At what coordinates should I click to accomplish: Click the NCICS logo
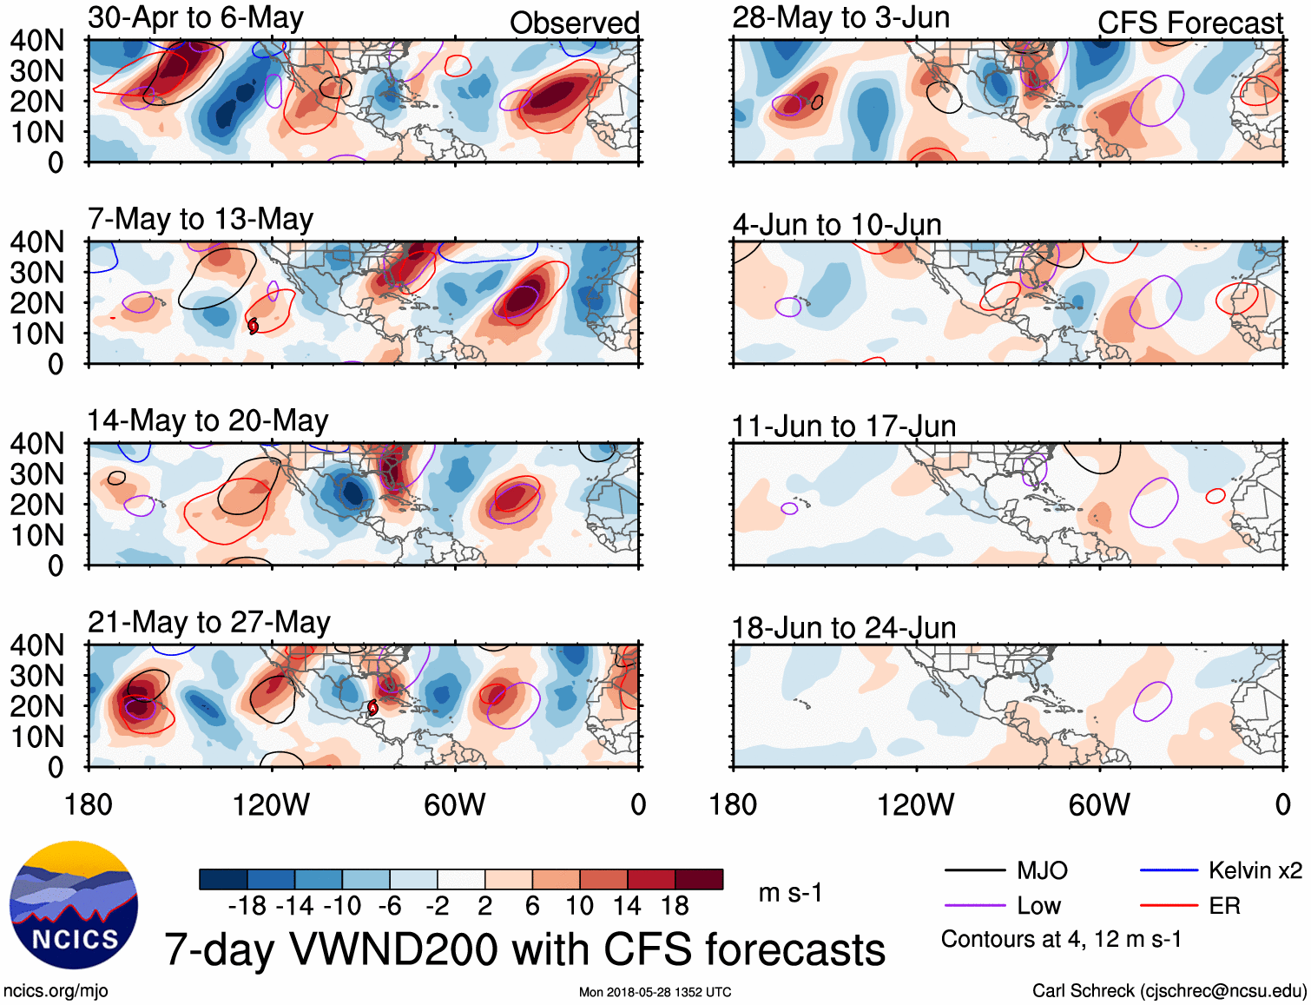[74, 904]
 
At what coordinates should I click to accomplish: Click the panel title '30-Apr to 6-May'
[195, 18]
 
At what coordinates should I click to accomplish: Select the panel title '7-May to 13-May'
[201, 219]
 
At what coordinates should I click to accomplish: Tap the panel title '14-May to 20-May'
[208, 420]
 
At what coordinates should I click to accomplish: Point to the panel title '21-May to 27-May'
[209, 622]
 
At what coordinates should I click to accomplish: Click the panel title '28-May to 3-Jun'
[840, 18]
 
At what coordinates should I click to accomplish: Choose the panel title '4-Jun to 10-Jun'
[837, 225]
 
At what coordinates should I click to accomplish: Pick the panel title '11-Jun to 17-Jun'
[843, 426]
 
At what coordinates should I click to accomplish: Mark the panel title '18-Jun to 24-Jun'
[843, 628]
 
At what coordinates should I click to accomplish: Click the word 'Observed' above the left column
[574, 23]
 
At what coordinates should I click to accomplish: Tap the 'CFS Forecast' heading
[1189, 23]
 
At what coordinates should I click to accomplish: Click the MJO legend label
[1042, 870]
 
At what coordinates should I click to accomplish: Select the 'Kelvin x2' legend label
[1255, 870]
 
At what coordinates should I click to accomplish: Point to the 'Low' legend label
[1038, 906]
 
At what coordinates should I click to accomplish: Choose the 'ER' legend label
[1224, 906]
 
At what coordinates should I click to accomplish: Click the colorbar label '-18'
[247, 906]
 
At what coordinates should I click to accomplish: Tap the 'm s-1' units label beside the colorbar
[790, 893]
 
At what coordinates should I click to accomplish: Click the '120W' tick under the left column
[271, 805]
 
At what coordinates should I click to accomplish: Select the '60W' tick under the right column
[1099, 805]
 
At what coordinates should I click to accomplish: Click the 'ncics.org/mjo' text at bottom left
[56, 991]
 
